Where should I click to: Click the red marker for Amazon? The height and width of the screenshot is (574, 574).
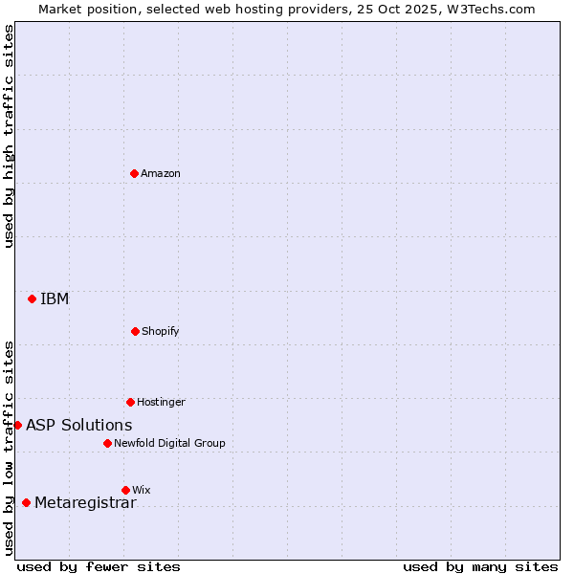[x=134, y=173]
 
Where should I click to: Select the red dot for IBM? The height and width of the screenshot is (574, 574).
[x=32, y=298]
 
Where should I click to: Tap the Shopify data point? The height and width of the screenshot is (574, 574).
[x=135, y=331]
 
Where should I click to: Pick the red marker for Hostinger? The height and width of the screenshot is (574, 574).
[x=130, y=402]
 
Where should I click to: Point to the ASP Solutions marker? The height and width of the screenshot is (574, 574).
[x=17, y=425]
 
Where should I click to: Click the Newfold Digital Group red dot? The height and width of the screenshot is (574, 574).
[x=107, y=443]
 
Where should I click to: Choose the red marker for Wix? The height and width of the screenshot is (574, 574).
[x=125, y=490]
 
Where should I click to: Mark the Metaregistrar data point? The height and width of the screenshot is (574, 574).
[x=26, y=502]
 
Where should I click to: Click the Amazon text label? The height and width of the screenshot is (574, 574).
[x=161, y=173]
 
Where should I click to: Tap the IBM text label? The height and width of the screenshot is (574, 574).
[x=55, y=298]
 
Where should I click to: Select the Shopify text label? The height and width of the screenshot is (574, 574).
[x=161, y=331]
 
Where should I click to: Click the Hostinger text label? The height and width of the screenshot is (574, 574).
[x=161, y=402]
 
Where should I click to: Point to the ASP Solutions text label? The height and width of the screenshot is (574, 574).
[x=79, y=425]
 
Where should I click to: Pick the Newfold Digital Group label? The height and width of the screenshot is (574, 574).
[x=169, y=443]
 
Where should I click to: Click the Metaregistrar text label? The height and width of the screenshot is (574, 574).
[x=85, y=502]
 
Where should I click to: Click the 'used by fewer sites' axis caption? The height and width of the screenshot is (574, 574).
[x=99, y=566]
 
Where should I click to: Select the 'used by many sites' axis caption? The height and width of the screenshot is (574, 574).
[x=480, y=566]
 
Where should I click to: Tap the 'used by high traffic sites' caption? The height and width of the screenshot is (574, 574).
[x=9, y=136]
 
